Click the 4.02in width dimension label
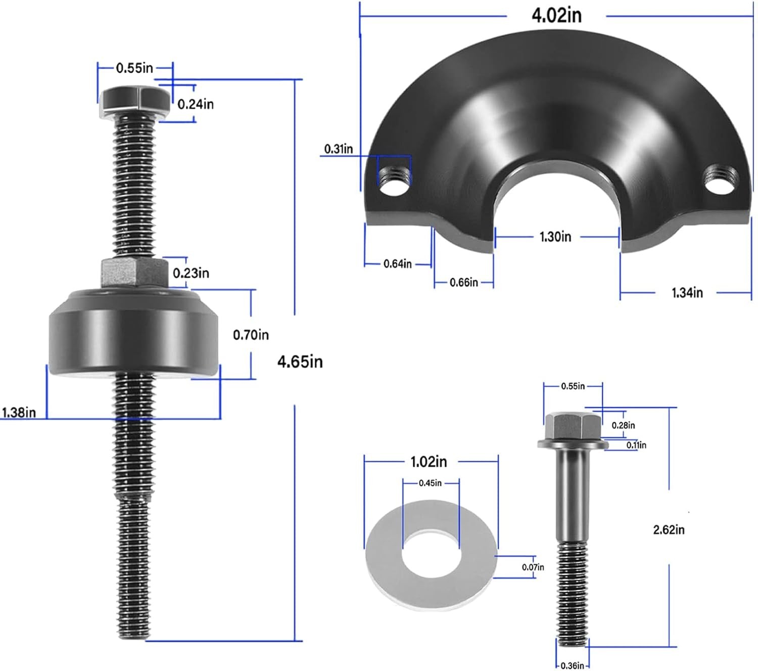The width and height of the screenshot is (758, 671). pyautogui.click(x=556, y=16)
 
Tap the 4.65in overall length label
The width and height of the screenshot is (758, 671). pyautogui.click(x=300, y=362)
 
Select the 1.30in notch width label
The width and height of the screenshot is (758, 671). pyautogui.click(x=555, y=237)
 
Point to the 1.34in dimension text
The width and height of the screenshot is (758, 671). pyautogui.click(x=687, y=292)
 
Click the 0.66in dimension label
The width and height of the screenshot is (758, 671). pyautogui.click(x=463, y=282)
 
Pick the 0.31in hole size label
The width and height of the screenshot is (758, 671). pyautogui.click(x=338, y=149)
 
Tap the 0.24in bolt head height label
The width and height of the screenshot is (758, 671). pyautogui.click(x=195, y=104)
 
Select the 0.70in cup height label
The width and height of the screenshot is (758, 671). pyautogui.click(x=251, y=335)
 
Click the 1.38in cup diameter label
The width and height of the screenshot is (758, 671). pyautogui.click(x=19, y=412)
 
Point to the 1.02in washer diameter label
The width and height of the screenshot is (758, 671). pyautogui.click(x=429, y=462)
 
